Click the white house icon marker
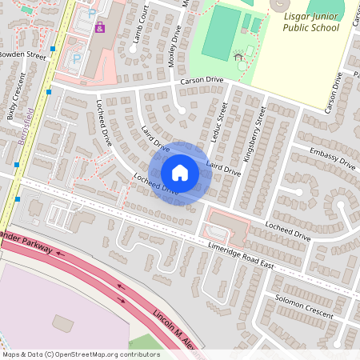[179, 173]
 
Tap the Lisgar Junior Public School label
[311, 22]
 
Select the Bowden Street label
[24, 55]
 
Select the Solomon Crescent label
[304, 309]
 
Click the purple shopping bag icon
[100, 28]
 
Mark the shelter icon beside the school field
[238, 56]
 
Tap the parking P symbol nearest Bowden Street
[77, 58]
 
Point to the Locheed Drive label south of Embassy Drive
[289, 232]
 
